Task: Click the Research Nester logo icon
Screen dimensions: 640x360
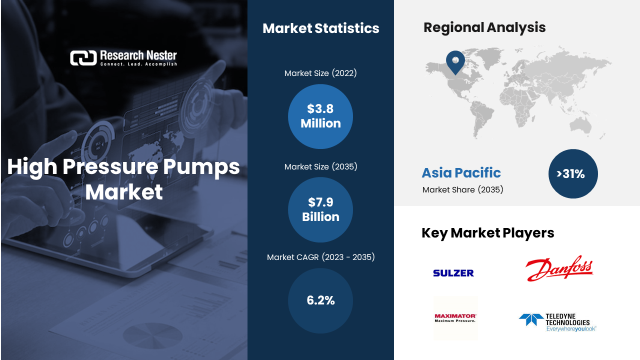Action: (x=83, y=58)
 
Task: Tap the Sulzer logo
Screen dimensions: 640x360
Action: (x=453, y=273)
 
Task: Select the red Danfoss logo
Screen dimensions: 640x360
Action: (x=559, y=268)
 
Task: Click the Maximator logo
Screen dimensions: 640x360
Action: (x=455, y=318)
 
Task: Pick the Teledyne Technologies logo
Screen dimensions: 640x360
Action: (x=557, y=322)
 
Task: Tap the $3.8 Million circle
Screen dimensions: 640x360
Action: (x=320, y=116)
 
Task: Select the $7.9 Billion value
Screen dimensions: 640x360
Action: (x=320, y=209)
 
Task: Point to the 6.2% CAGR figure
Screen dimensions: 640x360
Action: (x=320, y=300)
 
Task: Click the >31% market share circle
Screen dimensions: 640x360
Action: (x=573, y=173)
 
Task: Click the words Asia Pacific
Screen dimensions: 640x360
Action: (x=461, y=172)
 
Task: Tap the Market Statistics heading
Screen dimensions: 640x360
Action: (x=321, y=28)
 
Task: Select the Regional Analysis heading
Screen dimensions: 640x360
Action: (x=484, y=27)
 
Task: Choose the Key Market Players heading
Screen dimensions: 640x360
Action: (x=487, y=233)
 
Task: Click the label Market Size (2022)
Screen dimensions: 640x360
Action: (x=320, y=73)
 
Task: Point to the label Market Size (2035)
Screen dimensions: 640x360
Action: (x=320, y=166)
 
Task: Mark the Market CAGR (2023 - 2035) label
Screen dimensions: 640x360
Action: (x=320, y=257)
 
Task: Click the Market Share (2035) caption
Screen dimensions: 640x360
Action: (x=462, y=189)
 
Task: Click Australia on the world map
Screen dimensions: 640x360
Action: (x=580, y=125)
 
